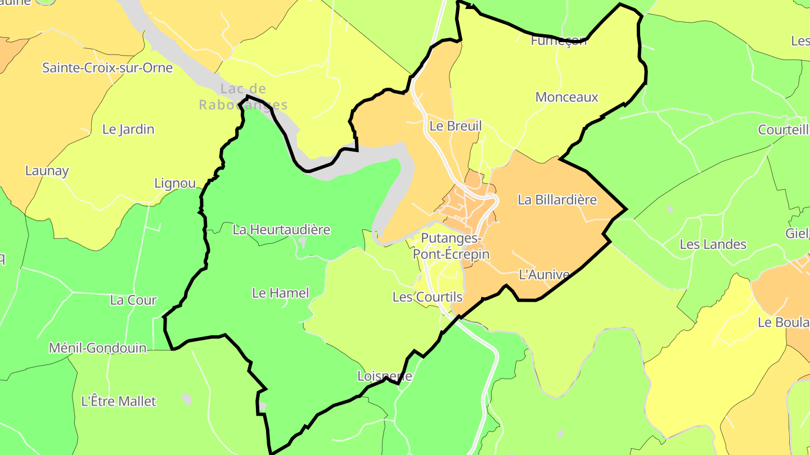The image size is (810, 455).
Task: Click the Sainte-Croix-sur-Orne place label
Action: tap(107, 68)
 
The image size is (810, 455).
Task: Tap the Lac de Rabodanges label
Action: tap(243, 97)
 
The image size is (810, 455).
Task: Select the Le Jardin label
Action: tap(128, 129)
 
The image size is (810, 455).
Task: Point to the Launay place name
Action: tap(47, 171)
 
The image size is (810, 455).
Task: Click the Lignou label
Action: tap(175, 183)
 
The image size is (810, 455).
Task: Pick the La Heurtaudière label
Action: tap(281, 229)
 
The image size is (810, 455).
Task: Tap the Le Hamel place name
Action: tap(281, 293)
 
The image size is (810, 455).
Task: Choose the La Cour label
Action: tap(133, 300)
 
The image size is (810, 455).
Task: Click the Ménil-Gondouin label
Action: tap(97, 348)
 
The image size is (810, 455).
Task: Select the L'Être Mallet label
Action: tap(119, 401)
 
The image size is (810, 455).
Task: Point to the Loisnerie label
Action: tap(385, 376)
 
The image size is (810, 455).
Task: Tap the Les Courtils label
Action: tap(427, 297)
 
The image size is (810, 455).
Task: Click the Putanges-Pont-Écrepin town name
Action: tap(451, 246)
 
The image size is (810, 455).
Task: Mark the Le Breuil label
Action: tap(456, 126)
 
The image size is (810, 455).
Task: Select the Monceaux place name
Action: tap(567, 97)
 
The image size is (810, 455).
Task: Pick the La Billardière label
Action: tap(557, 199)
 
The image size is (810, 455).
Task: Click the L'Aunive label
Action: tap(543, 275)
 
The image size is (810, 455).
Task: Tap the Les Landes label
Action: tap(713, 244)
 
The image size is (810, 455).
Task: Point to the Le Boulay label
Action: tap(784, 322)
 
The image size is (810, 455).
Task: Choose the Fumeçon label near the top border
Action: tap(559, 41)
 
